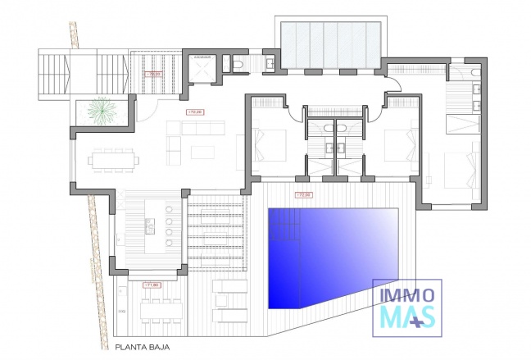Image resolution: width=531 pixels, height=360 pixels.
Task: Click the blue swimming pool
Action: [332, 256]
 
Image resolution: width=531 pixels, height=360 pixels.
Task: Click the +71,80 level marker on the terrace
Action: [150, 285]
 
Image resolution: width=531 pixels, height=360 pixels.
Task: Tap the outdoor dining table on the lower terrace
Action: [161, 309]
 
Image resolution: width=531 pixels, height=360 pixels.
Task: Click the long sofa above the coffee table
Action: [199, 127]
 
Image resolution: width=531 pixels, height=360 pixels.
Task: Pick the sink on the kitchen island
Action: [150, 223]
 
